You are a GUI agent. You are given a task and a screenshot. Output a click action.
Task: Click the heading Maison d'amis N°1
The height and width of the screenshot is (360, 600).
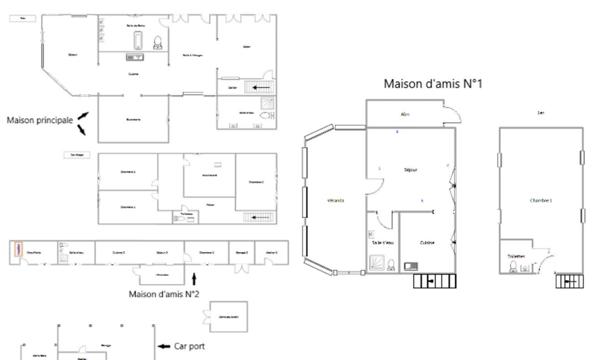(433, 84)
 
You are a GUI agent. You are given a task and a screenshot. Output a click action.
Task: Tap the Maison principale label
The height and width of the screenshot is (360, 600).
(39, 120)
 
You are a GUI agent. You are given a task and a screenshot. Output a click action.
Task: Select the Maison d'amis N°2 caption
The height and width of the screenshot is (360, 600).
(165, 294)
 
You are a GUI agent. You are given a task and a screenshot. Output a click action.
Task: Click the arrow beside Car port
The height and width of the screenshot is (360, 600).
(165, 347)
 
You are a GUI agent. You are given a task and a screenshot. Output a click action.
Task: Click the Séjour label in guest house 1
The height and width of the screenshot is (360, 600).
(410, 171)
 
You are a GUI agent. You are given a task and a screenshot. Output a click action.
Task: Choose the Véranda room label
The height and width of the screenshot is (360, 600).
(335, 201)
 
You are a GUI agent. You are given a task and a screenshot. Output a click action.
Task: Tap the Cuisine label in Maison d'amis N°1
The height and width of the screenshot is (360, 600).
(426, 242)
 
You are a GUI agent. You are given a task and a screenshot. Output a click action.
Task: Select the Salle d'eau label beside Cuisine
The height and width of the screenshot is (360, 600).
(383, 242)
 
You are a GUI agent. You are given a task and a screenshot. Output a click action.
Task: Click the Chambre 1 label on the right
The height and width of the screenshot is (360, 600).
(541, 201)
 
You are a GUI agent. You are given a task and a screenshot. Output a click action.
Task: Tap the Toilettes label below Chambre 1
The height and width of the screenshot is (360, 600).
(516, 256)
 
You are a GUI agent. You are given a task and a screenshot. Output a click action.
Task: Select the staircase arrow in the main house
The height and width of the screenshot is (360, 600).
(263, 88)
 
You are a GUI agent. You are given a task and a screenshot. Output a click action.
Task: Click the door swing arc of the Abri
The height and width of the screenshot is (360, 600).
(452, 116)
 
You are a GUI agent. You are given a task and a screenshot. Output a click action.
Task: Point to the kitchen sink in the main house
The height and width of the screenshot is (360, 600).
(134, 58)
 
